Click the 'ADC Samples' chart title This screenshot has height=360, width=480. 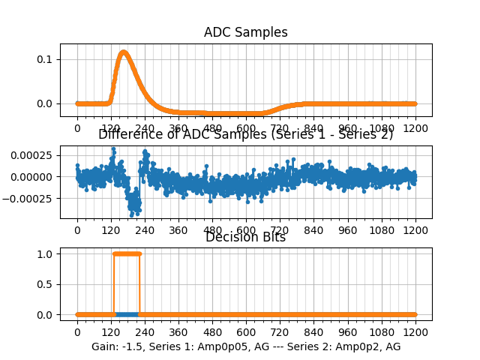pyautogui.click(x=245, y=32)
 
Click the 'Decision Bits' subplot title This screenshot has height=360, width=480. pyautogui.click(x=245, y=238)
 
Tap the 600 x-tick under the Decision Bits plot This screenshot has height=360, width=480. pyautogui.click(x=246, y=332)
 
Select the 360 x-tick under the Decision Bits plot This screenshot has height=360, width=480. pyautogui.click(x=178, y=332)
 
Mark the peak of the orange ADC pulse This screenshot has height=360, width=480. pyautogui.click(x=123, y=52)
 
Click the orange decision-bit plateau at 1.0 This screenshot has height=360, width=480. pyautogui.click(x=126, y=253)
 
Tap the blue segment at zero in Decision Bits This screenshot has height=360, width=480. pyautogui.click(x=127, y=314)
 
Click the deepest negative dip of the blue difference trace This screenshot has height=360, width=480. pyautogui.click(x=134, y=212)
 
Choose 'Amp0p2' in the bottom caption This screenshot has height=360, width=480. pyautogui.click(x=349, y=346)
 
